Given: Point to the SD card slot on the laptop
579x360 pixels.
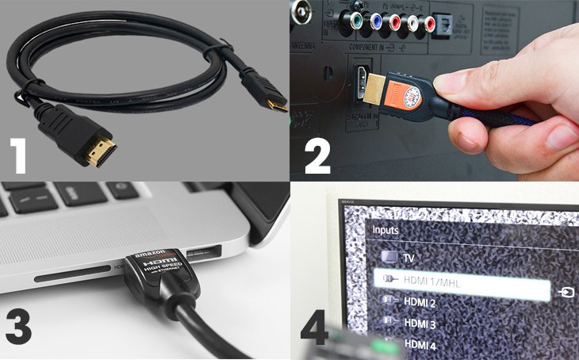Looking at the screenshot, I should (76, 278).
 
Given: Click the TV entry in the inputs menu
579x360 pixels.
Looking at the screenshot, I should (409, 259).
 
